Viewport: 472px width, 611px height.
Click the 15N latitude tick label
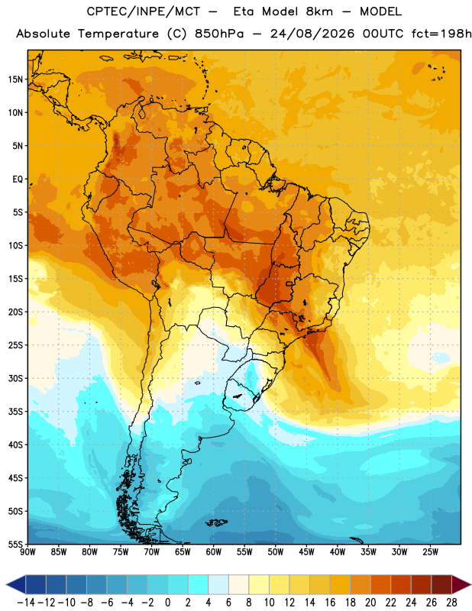(15, 79)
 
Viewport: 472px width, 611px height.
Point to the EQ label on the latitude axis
(18, 179)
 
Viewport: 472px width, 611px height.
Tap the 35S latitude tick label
(15, 412)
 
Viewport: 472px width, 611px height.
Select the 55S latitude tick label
(15, 545)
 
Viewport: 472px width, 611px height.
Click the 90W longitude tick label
(28, 552)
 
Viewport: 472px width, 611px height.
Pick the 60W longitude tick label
(214, 552)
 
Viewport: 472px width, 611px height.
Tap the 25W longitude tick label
(430, 552)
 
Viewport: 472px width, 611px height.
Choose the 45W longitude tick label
(306, 552)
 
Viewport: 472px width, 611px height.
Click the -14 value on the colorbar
(26, 603)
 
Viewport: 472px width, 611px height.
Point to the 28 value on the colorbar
(451, 603)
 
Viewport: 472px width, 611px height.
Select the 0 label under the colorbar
(167, 603)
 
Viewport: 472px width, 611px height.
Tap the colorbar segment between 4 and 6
(218, 584)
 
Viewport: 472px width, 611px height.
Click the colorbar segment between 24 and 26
(422, 584)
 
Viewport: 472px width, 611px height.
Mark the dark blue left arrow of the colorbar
(16, 584)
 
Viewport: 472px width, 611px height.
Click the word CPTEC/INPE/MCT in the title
(144, 11)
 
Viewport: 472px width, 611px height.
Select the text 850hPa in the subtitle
(219, 34)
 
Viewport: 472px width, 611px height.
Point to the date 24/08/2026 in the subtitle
(312, 34)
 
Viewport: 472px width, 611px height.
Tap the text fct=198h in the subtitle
(441, 34)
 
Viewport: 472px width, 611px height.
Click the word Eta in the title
(244, 11)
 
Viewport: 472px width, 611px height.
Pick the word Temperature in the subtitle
(118, 34)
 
